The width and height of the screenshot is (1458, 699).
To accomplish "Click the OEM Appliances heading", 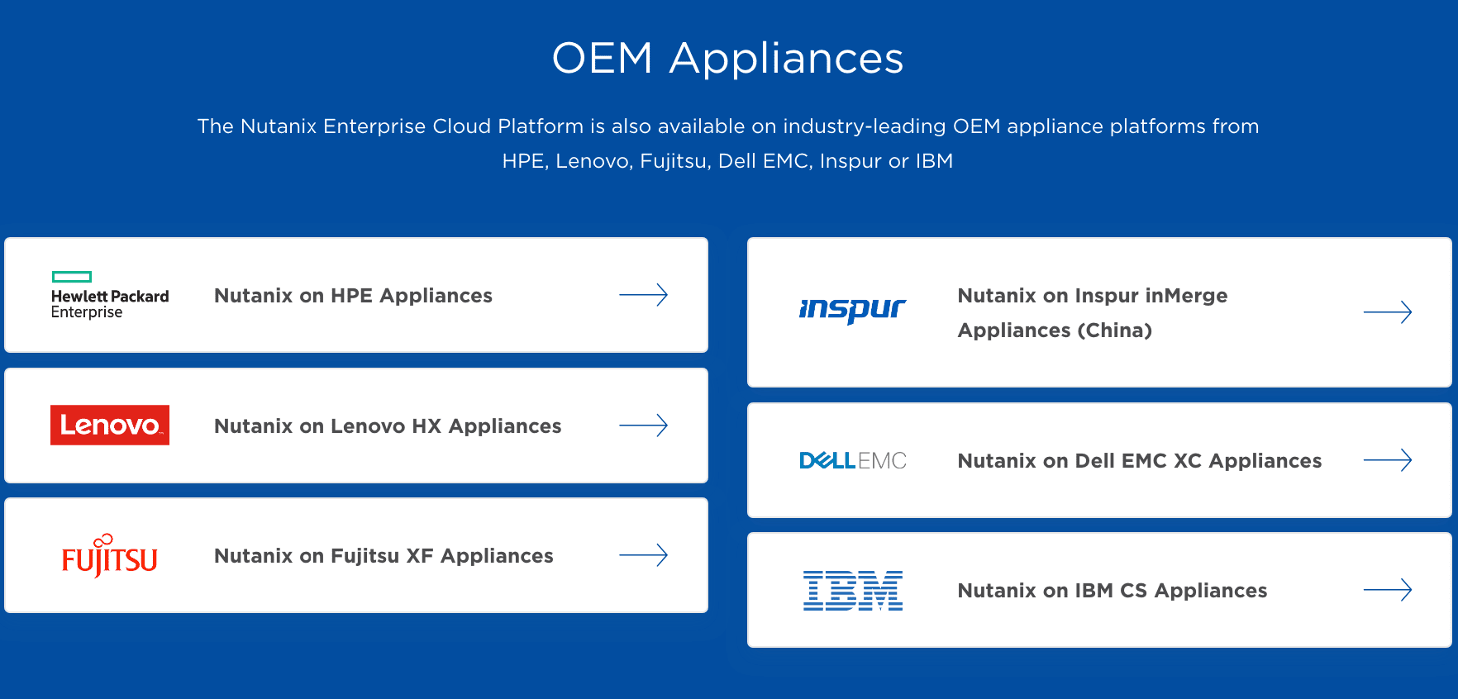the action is [x=727, y=59].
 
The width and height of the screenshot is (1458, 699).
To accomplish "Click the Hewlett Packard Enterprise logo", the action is [x=110, y=295].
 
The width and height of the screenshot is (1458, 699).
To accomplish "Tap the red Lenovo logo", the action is [x=110, y=425].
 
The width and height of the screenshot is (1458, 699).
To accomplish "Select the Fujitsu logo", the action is [x=110, y=555].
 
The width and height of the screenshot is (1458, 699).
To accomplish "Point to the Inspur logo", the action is [x=852, y=310].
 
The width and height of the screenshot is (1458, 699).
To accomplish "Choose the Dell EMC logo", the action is [x=853, y=460].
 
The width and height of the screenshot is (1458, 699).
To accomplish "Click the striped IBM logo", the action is [x=853, y=591].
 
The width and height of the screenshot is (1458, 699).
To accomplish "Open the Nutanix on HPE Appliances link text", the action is [x=353, y=296].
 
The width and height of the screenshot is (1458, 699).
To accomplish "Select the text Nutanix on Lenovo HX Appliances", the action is [x=388, y=426].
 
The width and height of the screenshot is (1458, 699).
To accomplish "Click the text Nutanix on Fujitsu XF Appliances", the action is [x=384, y=556].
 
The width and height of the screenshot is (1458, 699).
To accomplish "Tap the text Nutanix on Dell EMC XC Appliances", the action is [x=1140, y=461].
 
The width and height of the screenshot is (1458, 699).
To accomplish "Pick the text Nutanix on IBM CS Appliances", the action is [x=1113, y=591].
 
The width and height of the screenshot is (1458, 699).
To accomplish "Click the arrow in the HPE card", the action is [x=644, y=295].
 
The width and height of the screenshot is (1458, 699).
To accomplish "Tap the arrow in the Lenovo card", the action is [x=644, y=426].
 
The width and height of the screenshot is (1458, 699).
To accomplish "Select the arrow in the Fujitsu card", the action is [x=644, y=555].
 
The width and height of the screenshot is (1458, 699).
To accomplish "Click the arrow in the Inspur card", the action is [x=1388, y=312].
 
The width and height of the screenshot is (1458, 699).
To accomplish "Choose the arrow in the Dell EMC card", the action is [x=1388, y=460].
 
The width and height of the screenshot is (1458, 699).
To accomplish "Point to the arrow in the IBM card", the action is [x=1388, y=590].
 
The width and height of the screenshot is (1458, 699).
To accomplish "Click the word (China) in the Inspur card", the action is [x=1114, y=330].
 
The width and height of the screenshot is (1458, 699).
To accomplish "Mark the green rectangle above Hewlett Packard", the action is [x=72, y=277].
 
